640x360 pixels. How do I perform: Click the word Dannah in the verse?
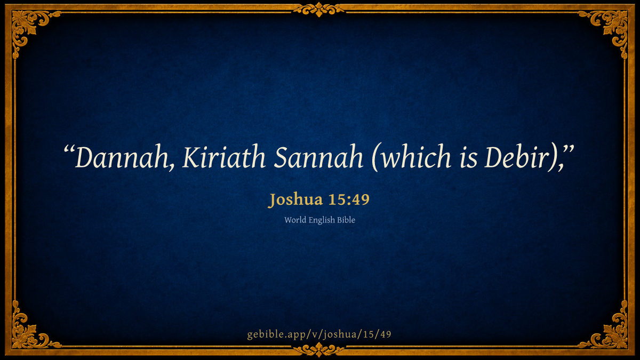click(x=121, y=157)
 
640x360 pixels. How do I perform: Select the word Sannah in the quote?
click(x=318, y=157)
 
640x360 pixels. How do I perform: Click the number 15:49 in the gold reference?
click(x=349, y=199)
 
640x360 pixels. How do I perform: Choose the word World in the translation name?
click(x=295, y=220)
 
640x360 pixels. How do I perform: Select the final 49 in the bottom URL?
click(x=386, y=334)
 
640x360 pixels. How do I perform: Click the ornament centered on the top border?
click(x=319, y=10)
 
